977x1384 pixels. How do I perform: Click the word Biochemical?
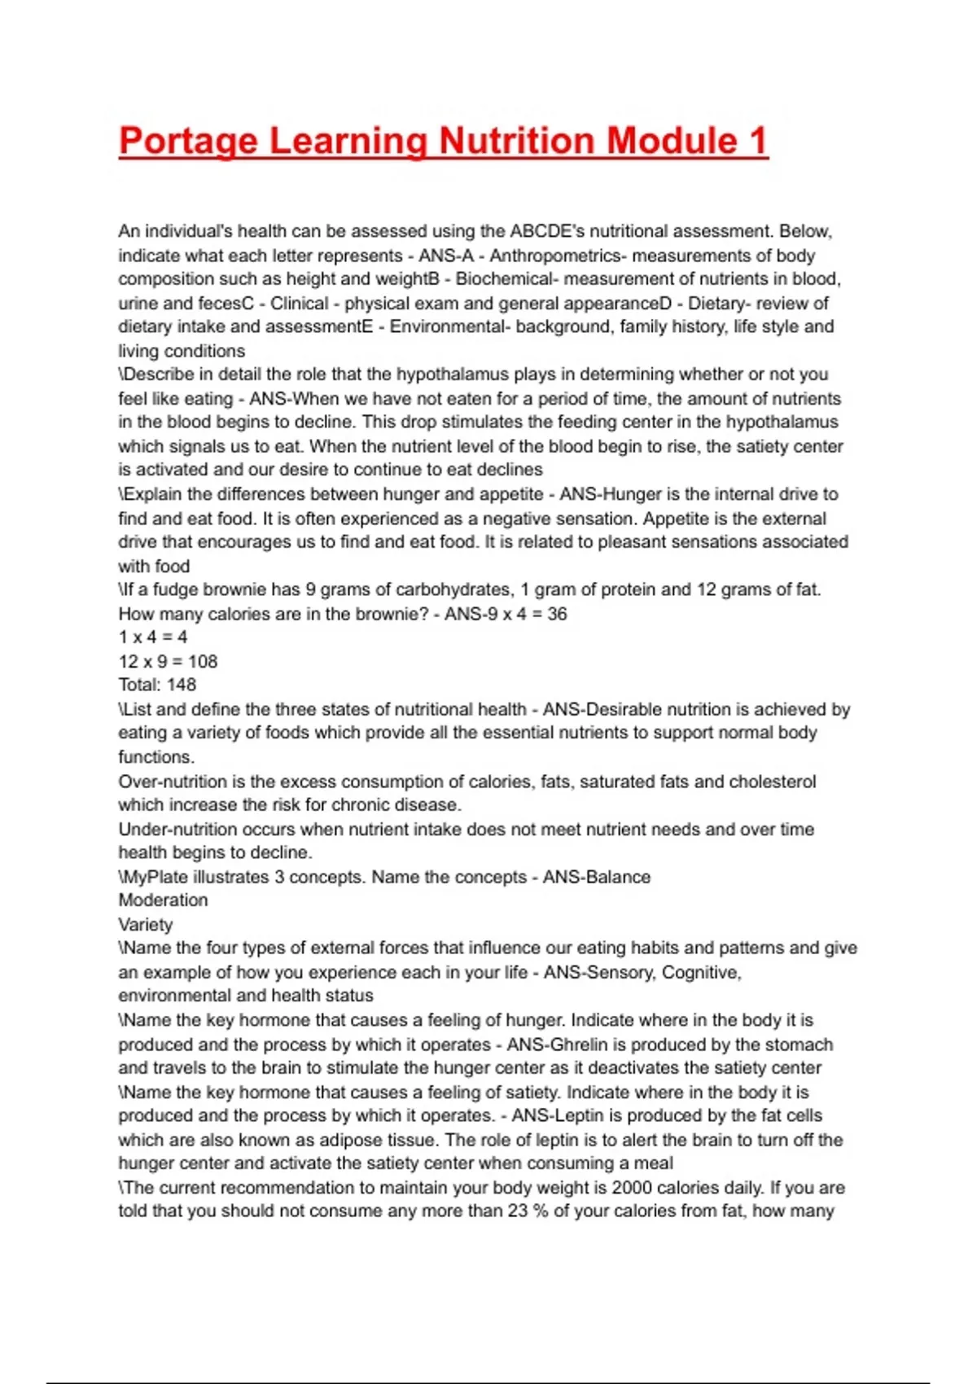click(504, 279)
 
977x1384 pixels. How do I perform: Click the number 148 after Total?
click(182, 685)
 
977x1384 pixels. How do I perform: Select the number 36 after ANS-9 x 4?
click(557, 614)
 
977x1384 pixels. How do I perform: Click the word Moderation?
click(163, 900)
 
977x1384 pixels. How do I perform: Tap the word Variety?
click(146, 925)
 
